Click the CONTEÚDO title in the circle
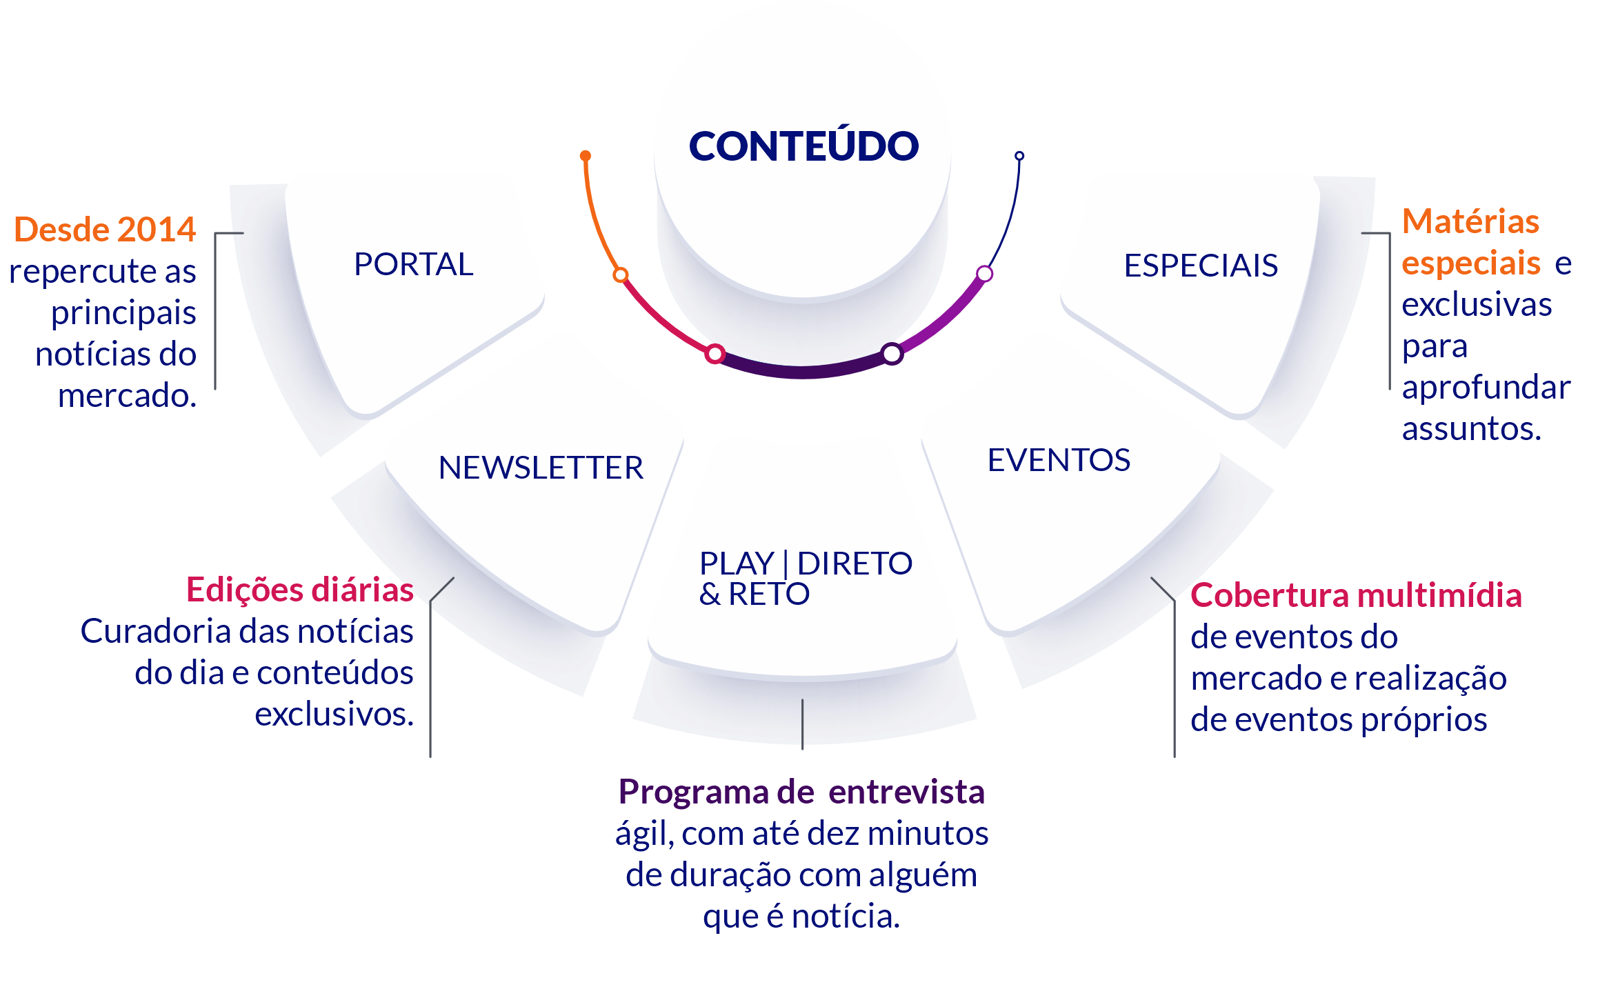[x=803, y=146]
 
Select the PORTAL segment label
[x=414, y=264]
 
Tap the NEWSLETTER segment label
[x=541, y=468]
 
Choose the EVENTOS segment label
[x=1059, y=460]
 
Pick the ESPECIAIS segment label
[x=1201, y=266]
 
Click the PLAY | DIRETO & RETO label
[x=806, y=578]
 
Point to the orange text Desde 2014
[x=105, y=229]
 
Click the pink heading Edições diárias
[x=300, y=590]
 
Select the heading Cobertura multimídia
[x=1356, y=595]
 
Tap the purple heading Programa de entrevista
[x=801, y=792]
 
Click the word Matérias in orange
[x=1470, y=221]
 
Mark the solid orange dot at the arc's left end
[x=586, y=156]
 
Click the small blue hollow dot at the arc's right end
[x=1019, y=156]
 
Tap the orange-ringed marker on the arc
[x=621, y=275]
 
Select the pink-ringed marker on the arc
[x=715, y=354]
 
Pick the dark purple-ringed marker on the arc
[x=892, y=354]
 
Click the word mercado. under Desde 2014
[x=127, y=396]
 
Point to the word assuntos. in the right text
[x=1471, y=428]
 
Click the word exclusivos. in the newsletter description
[x=334, y=714]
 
